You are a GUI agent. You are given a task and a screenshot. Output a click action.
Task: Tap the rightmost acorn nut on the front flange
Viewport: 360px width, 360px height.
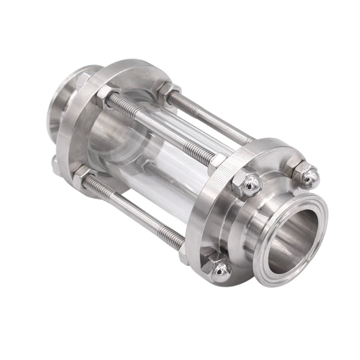[306, 175]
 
